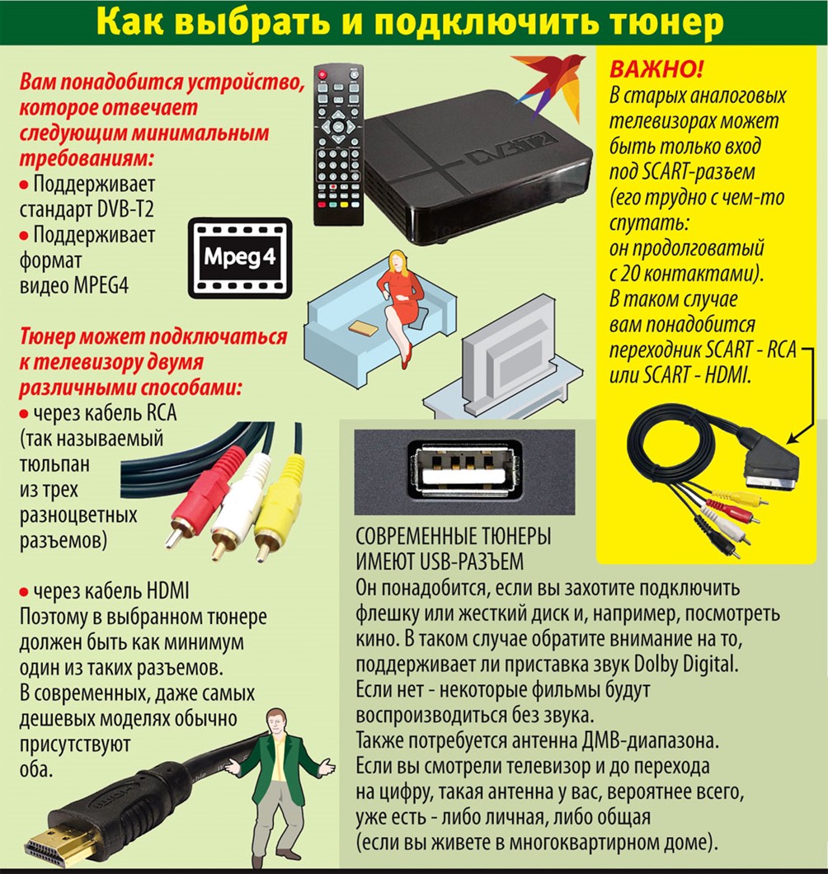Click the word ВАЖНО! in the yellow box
[x=656, y=69]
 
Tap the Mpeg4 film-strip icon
[x=240, y=258]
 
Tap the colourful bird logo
[x=548, y=83]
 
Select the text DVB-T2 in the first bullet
[x=125, y=209]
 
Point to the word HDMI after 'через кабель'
[x=167, y=591]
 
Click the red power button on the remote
[x=322, y=74]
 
